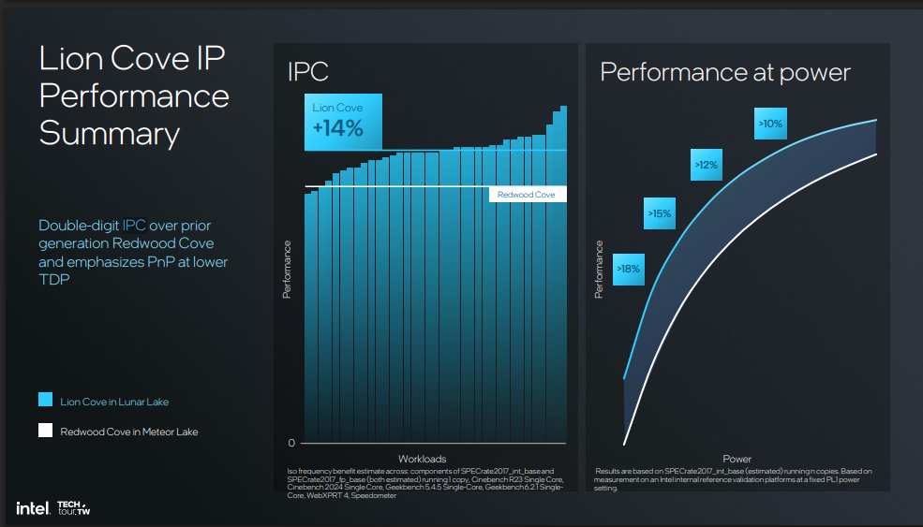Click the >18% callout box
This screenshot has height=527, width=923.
(x=628, y=270)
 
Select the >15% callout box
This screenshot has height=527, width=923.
(x=660, y=213)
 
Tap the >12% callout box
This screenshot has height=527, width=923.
(x=706, y=165)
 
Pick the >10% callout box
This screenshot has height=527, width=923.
(x=770, y=124)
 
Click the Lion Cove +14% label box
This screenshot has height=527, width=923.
(x=343, y=122)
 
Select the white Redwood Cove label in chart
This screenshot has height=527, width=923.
(x=528, y=195)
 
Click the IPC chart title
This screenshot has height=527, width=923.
(x=308, y=72)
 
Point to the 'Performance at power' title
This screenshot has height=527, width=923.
(x=725, y=73)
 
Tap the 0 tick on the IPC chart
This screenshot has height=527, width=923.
(x=291, y=443)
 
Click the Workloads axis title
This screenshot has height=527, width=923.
(x=422, y=459)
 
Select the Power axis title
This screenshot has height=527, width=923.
(x=737, y=459)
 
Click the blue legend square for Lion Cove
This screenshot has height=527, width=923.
(x=45, y=400)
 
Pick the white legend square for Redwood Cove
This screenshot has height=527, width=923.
(x=45, y=430)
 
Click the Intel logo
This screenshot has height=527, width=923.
(x=33, y=508)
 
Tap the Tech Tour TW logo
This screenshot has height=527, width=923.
(x=74, y=508)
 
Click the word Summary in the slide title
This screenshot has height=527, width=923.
(x=110, y=134)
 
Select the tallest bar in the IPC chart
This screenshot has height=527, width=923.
(x=563, y=274)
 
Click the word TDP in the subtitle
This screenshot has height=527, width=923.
(x=54, y=279)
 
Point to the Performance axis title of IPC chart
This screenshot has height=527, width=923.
(x=288, y=270)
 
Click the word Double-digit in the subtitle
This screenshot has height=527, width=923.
(x=79, y=226)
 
